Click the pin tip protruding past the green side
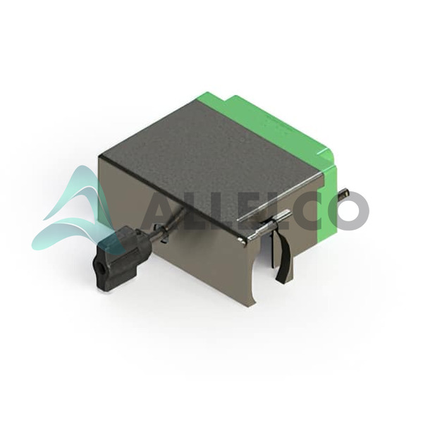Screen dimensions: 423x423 click(344, 193)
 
